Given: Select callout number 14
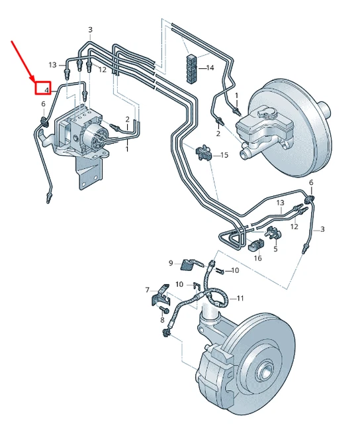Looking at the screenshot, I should pyautogui.click(x=210, y=68).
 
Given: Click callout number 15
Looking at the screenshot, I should pyautogui.click(x=224, y=155).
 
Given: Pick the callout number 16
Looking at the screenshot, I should pyautogui.click(x=257, y=258).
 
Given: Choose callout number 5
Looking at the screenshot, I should pyautogui.click(x=275, y=250).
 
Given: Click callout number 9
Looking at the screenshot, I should pyautogui.click(x=170, y=263).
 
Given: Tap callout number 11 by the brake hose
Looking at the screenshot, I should pyautogui.click(x=240, y=298).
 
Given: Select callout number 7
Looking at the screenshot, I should pyautogui.click(x=148, y=290).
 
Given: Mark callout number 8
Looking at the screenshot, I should pyautogui.click(x=162, y=320).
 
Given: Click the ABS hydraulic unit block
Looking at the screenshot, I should pyautogui.click(x=76, y=129).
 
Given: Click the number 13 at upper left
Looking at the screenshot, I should pyautogui.click(x=53, y=64).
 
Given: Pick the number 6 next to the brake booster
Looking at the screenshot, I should pyautogui.click(x=310, y=182).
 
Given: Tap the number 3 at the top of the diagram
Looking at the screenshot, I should pyautogui.click(x=91, y=30).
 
